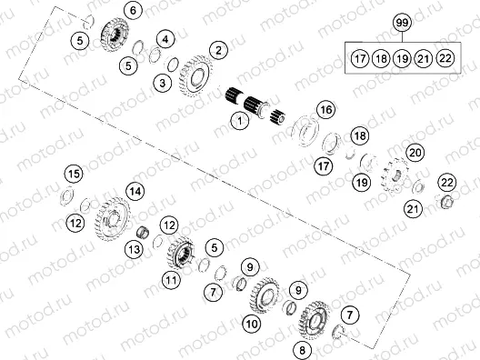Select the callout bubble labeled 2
(x=217, y=49)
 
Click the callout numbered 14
(x=135, y=191)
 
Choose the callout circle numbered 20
(x=415, y=152)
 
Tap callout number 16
(x=325, y=110)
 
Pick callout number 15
(x=73, y=174)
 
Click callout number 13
(x=134, y=248)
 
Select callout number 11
(x=170, y=281)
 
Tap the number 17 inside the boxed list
(x=359, y=58)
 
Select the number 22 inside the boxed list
(x=445, y=58)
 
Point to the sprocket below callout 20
(x=396, y=175)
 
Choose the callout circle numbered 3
(x=162, y=84)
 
